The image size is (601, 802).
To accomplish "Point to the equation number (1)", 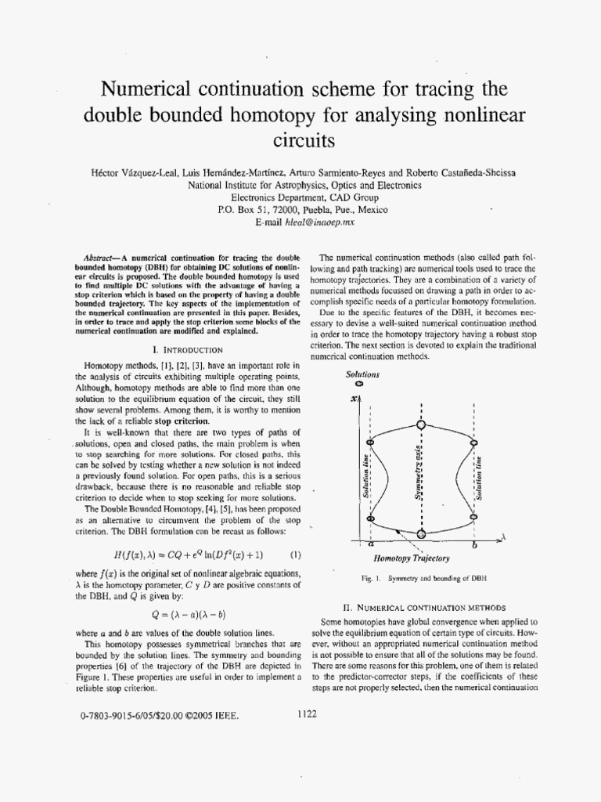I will (296, 555).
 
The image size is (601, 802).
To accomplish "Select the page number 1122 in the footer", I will (307, 714).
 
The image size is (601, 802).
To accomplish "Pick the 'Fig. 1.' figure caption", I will (423, 578).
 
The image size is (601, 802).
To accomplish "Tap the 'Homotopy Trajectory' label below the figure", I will (422, 558).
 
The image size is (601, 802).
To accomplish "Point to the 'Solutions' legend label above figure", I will (363, 374).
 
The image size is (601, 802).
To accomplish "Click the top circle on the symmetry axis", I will (422, 424).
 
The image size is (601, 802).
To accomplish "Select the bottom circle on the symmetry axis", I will (422, 533).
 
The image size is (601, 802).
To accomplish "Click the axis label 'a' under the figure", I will (370, 543).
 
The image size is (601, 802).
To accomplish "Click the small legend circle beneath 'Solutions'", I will (358, 385).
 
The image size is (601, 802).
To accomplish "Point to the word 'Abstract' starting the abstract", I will (99, 258).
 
